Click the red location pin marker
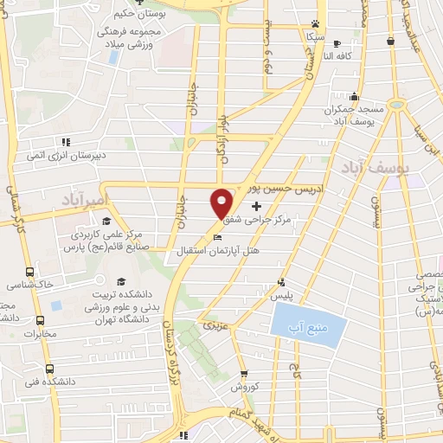(222, 203)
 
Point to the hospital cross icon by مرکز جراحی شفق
(256, 206)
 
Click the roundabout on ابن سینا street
(397, 105)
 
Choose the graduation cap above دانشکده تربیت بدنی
(120, 281)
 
